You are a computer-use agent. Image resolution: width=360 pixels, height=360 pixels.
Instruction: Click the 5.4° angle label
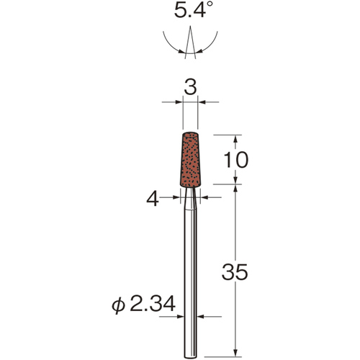click(194, 10)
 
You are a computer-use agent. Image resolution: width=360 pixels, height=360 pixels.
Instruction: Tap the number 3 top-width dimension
click(190, 86)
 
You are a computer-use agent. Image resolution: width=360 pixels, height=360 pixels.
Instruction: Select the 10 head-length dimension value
click(235, 160)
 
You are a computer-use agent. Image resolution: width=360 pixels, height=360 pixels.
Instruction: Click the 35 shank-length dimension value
click(235, 271)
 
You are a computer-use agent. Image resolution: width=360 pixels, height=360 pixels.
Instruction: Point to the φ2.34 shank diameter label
click(143, 304)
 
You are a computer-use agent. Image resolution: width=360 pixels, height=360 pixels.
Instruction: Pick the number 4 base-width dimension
click(153, 199)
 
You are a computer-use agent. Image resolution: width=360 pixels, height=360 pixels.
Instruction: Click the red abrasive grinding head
click(190, 160)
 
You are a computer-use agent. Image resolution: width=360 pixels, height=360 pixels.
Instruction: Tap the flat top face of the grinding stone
click(190, 134)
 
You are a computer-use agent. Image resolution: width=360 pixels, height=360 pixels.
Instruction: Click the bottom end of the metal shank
click(190, 357)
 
